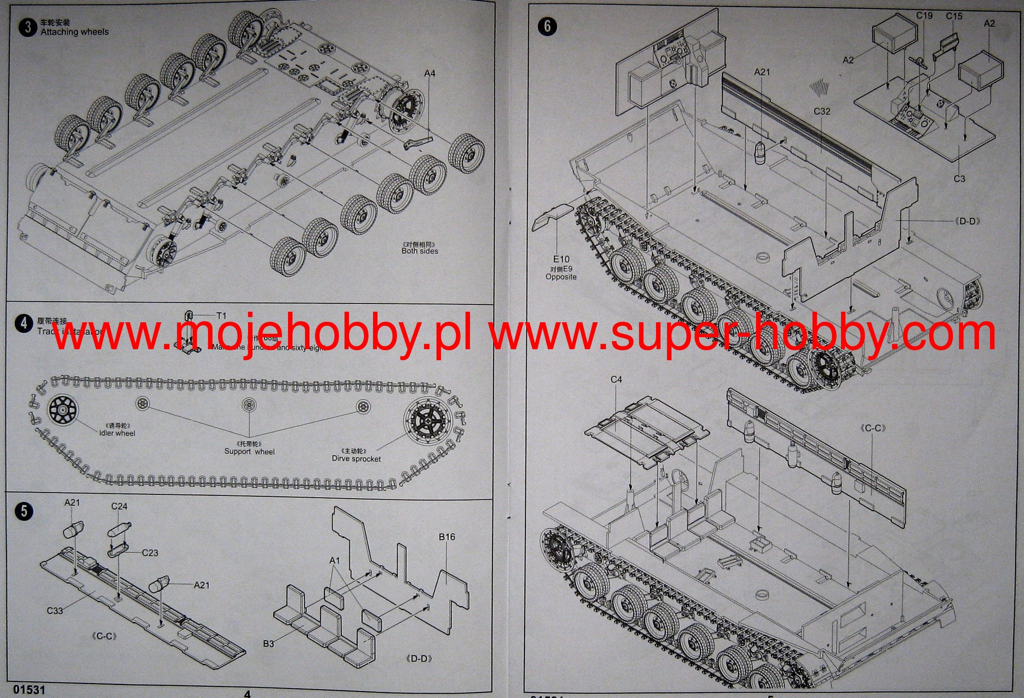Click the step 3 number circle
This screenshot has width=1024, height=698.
(x=27, y=27)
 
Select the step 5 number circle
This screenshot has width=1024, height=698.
(x=23, y=511)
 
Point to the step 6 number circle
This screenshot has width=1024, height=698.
(x=547, y=26)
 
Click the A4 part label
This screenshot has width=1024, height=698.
(x=429, y=74)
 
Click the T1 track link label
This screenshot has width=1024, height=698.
(x=221, y=316)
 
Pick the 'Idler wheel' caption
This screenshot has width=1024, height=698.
(x=117, y=433)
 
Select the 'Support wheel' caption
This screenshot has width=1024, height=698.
(x=249, y=451)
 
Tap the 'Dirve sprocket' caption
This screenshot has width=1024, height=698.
(x=356, y=458)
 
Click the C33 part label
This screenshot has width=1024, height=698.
(x=55, y=610)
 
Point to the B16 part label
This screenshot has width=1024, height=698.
(x=447, y=537)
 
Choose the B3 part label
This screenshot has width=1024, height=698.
(x=268, y=643)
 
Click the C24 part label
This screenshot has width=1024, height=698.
(x=119, y=506)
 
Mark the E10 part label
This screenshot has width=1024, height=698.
(x=561, y=259)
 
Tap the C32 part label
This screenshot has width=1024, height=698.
(x=822, y=111)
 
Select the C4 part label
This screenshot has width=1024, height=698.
(x=616, y=380)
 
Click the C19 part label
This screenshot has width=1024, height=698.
(x=924, y=16)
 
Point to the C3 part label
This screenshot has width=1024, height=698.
(x=959, y=179)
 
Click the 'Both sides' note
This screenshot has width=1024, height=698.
(x=419, y=251)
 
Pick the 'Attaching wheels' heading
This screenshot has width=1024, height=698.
(x=74, y=32)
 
